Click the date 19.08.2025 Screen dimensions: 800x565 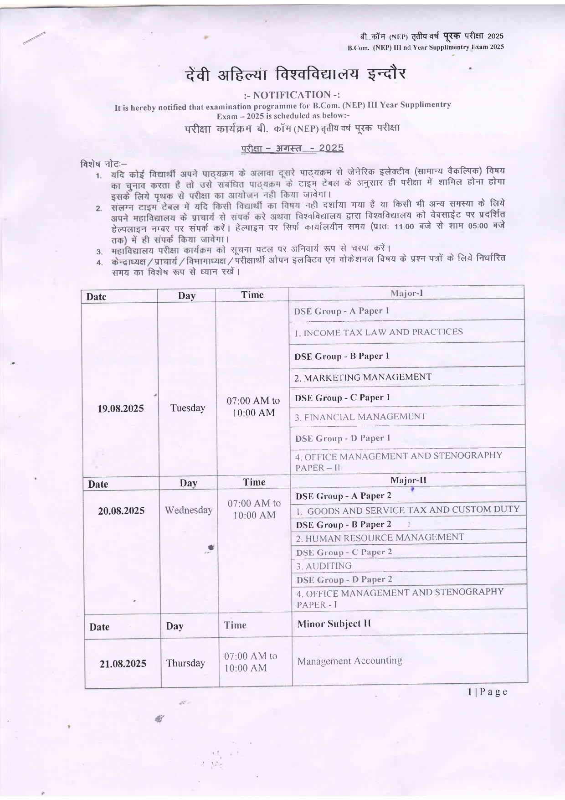[120, 408]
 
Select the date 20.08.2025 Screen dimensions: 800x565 [121, 511]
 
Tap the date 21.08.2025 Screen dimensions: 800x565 [123, 664]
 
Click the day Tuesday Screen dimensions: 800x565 [188, 408]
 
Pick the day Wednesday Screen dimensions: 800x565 [189, 510]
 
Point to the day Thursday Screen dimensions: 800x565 [185, 663]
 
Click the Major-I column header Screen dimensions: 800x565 [406, 293]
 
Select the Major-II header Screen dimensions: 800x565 [408, 480]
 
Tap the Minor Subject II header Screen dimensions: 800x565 [334, 624]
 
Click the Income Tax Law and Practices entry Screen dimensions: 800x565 [379, 332]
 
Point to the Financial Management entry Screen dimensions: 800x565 [360, 417]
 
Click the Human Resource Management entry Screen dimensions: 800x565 [380, 538]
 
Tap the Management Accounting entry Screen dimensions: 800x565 [349, 661]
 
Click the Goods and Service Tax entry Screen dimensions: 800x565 [408, 510]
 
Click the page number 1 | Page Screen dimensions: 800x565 [487, 692]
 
